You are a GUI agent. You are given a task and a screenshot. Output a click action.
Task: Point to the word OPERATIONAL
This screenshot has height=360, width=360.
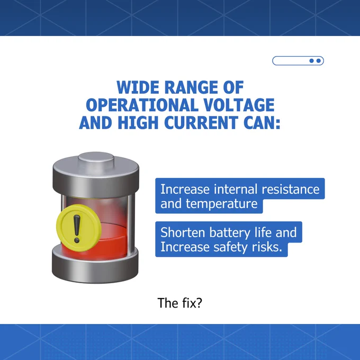pyautogui.click(x=142, y=105)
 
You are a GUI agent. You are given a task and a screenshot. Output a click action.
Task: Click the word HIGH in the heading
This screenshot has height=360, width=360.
pyautogui.click(x=138, y=122)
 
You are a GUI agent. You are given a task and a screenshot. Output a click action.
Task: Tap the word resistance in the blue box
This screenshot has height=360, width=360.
pyautogui.click(x=291, y=190)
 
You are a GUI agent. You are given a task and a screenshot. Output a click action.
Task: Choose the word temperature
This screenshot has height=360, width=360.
pyautogui.click(x=221, y=204)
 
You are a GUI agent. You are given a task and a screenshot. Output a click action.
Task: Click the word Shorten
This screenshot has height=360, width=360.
pyautogui.click(x=183, y=232)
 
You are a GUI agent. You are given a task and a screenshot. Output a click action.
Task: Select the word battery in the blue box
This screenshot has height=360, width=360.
pyautogui.click(x=230, y=232)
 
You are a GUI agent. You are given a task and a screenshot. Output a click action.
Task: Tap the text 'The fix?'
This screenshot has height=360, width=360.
pyautogui.click(x=180, y=303)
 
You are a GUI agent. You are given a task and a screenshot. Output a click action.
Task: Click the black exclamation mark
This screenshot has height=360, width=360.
pyautogui.click(x=77, y=229)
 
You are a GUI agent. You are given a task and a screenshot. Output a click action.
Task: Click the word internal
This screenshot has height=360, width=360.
pyautogui.click(x=236, y=190)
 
